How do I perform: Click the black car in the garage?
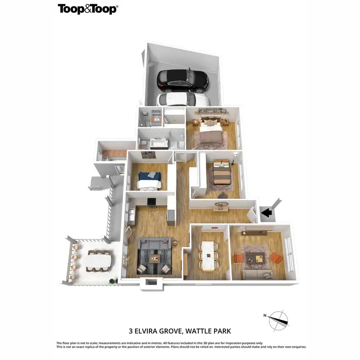(x=183, y=81)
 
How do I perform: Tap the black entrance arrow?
(x=266, y=212)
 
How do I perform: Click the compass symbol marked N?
(x=278, y=320)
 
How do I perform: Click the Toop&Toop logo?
(x=87, y=9)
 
